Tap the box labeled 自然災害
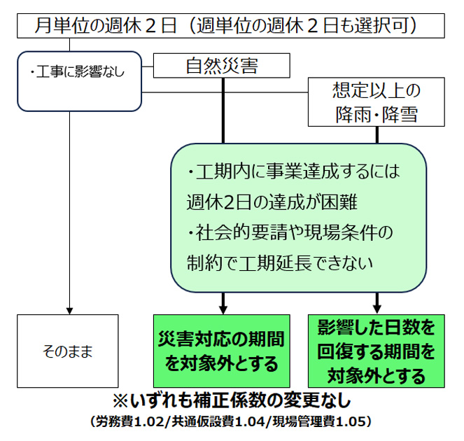222,66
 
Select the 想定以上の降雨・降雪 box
377,102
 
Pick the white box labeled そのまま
68,350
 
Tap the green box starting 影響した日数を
377,351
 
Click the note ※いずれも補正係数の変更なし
232,402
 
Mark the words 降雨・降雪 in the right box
377,113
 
